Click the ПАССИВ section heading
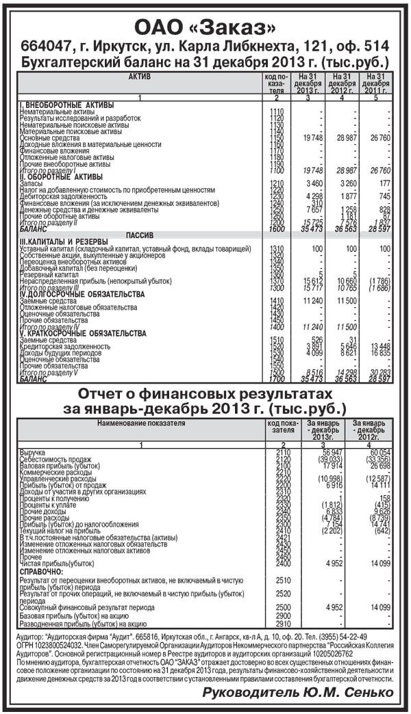coord(140,235)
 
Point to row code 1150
coord(277,137)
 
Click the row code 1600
coord(277,228)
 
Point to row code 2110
coord(284,452)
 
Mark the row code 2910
coord(284,624)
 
